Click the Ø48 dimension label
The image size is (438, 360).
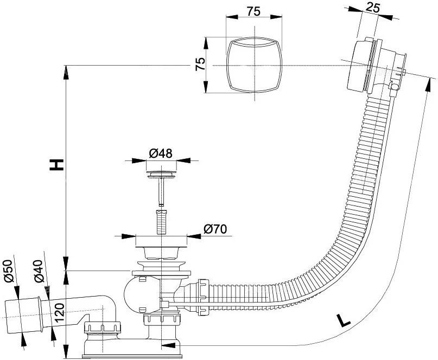pyautogui.click(x=161, y=153)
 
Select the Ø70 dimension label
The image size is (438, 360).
pyautogui.click(x=215, y=229)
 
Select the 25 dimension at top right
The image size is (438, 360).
pyautogui.click(x=373, y=8)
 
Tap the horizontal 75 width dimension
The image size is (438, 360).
pyautogui.click(x=253, y=11)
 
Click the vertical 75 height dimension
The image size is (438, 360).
pyautogui.click(x=200, y=64)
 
